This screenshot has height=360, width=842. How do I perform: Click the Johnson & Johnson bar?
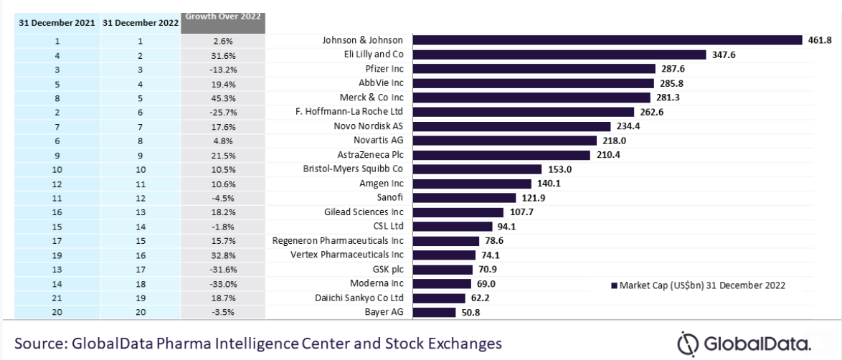click(608, 40)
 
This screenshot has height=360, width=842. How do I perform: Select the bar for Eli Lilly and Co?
click(559, 55)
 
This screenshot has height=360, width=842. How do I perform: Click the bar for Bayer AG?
click(435, 312)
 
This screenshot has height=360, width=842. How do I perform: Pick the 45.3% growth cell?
click(223, 98)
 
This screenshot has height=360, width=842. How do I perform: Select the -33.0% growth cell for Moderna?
click(223, 284)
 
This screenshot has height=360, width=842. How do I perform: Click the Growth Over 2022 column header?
click(223, 16)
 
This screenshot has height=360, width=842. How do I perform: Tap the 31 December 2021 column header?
click(57, 23)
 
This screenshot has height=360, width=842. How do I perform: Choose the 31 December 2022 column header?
click(140, 23)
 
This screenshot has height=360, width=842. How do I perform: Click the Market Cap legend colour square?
click(614, 285)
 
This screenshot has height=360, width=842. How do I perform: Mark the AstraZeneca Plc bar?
click(502, 155)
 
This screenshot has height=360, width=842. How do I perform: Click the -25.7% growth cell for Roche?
click(223, 112)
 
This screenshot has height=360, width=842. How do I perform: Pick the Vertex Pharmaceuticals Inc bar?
click(445, 255)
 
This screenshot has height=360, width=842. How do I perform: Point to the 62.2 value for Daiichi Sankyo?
click(478, 298)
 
